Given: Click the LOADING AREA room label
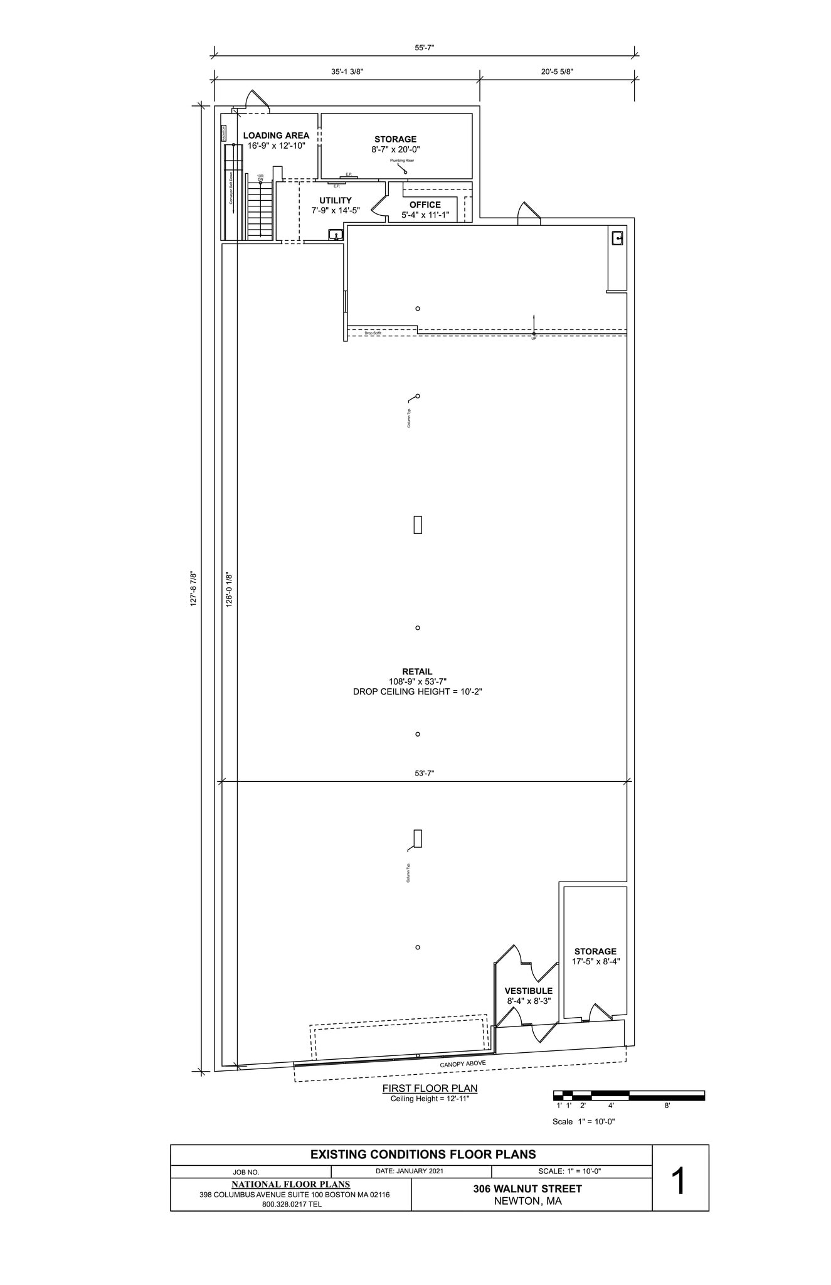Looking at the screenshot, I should click(276, 136).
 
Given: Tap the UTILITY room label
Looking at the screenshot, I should click(336, 201).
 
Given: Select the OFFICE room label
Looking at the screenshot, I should click(425, 205).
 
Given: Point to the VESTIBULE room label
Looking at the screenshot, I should click(529, 991).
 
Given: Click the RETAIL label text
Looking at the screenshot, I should click(417, 671).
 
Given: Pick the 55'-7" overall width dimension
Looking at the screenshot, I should click(425, 48).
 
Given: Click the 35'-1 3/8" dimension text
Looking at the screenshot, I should click(347, 72).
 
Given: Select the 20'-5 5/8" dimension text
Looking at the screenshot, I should click(557, 72).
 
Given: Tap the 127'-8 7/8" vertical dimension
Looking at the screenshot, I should click(194, 588).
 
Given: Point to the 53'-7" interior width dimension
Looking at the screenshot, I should click(425, 774).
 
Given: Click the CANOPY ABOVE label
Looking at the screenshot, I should click(463, 1064).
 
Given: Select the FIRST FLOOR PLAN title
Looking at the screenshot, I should click(430, 1089).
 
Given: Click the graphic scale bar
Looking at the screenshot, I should click(628, 1096).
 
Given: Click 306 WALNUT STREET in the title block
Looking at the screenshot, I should click(527, 1188).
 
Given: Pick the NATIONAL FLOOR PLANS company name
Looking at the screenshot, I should click(291, 1185).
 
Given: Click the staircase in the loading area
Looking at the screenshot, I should click(259, 210).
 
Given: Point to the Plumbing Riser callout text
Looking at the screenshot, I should click(402, 161).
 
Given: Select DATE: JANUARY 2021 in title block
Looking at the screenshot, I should click(410, 1171).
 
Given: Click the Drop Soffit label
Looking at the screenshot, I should click(373, 333).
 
